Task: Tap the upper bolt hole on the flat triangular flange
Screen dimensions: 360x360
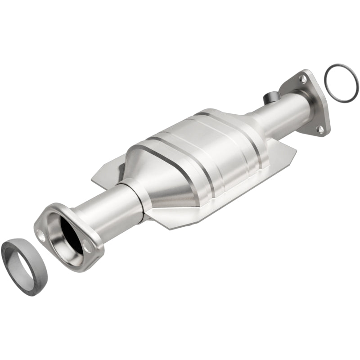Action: pyautogui.click(x=303, y=79)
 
